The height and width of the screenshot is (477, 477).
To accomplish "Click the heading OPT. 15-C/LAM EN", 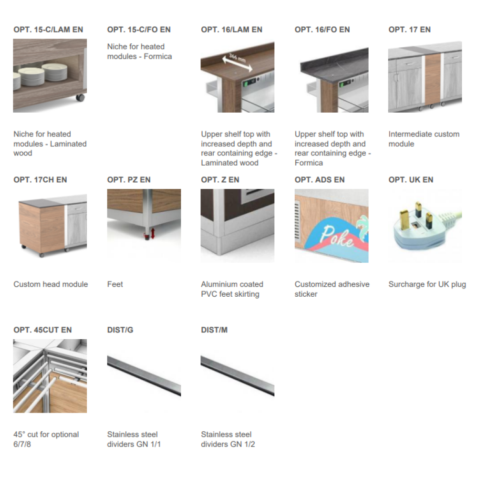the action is pos(48,30).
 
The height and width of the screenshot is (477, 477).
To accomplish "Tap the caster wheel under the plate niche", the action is pos(80,98).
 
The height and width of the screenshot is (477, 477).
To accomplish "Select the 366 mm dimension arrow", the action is pos(237,62).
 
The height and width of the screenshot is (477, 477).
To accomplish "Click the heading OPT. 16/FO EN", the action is pos(322,30).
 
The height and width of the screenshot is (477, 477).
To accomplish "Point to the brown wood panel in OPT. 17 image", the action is pos(432,79).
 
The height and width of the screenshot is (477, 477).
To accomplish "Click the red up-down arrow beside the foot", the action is pos(153,233).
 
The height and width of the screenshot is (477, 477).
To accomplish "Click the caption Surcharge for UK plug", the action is pos(427,284).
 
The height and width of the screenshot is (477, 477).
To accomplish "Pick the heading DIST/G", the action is pos(120,330).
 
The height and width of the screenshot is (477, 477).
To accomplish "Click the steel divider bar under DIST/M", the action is pos(238,376).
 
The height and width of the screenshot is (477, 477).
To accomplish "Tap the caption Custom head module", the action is pos(51,284).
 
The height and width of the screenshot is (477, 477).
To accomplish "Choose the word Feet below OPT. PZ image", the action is pos(115,284).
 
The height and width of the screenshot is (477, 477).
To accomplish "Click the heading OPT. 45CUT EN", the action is pos(42,330).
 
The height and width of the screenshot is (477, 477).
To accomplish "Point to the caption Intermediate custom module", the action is pos(424,139).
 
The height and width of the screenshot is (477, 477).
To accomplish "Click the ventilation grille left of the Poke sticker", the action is pos(297,221).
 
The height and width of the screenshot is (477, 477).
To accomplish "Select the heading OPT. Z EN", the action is pos(220,180).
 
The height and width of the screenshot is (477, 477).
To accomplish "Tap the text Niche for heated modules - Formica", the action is pos(139,52).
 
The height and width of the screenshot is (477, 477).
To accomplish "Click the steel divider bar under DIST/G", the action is pos(144,376).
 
